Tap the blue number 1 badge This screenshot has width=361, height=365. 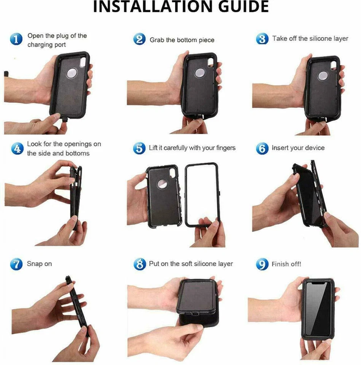(16, 39)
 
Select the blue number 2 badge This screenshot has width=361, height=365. (140, 39)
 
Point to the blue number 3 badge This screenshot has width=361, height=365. (262, 39)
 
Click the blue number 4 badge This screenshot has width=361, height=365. (16, 148)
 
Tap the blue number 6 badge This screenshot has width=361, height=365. (262, 148)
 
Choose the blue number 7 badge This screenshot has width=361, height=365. (16, 264)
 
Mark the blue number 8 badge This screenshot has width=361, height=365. (140, 264)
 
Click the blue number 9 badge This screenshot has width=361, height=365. (262, 264)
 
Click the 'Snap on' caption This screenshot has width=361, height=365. (39, 264)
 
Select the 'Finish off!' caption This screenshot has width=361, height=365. (286, 264)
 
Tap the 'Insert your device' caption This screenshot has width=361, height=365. (298, 148)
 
